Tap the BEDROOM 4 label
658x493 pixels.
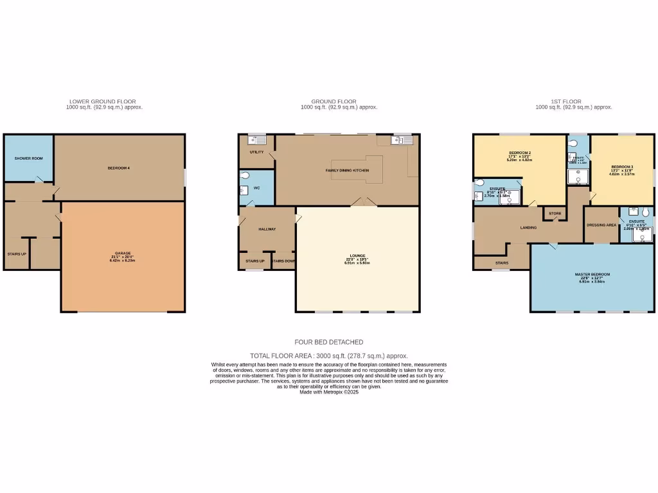[119, 168]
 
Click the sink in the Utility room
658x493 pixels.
[257, 139]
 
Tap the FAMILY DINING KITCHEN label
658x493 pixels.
[347, 171]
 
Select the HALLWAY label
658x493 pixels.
[267, 229]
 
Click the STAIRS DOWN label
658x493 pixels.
[283, 261]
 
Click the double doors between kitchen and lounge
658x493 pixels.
[363, 203]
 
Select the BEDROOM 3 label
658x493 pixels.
[622, 168]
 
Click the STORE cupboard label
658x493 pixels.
[555, 214]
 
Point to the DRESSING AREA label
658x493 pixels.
[601, 225]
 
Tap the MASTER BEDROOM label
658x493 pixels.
[592, 274]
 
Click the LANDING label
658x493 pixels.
[528, 227]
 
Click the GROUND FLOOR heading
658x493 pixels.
[333, 101]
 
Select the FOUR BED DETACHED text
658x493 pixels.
[329, 342]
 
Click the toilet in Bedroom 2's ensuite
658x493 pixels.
[480, 182]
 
